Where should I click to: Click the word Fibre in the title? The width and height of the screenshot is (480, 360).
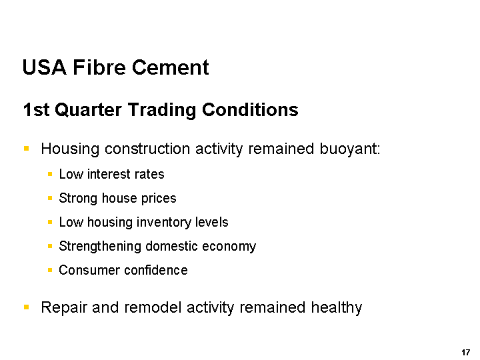pos(99,67)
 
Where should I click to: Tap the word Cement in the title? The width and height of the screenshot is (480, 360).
pos(171,67)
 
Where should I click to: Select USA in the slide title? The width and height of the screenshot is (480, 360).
pos(45,67)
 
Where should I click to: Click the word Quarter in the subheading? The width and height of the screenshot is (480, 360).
pos(88,109)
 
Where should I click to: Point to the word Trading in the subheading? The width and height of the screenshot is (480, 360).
pos(161,110)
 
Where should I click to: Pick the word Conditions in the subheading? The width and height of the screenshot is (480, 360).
pos(250,109)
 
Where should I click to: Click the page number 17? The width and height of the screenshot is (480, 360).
pos(465,353)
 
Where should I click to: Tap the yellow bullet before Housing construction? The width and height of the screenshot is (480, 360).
pos(26,149)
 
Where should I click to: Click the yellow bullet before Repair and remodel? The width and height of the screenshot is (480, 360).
pos(26,307)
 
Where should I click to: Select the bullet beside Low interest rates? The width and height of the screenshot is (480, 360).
pos(50,174)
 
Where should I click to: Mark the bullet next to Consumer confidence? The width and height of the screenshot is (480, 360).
pos(50,270)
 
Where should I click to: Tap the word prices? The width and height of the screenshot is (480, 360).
pos(159,199)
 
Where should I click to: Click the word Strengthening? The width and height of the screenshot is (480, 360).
pos(100,247)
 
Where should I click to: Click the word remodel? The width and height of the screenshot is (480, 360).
pos(153,307)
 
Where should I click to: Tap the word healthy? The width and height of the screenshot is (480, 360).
pos(337,308)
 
